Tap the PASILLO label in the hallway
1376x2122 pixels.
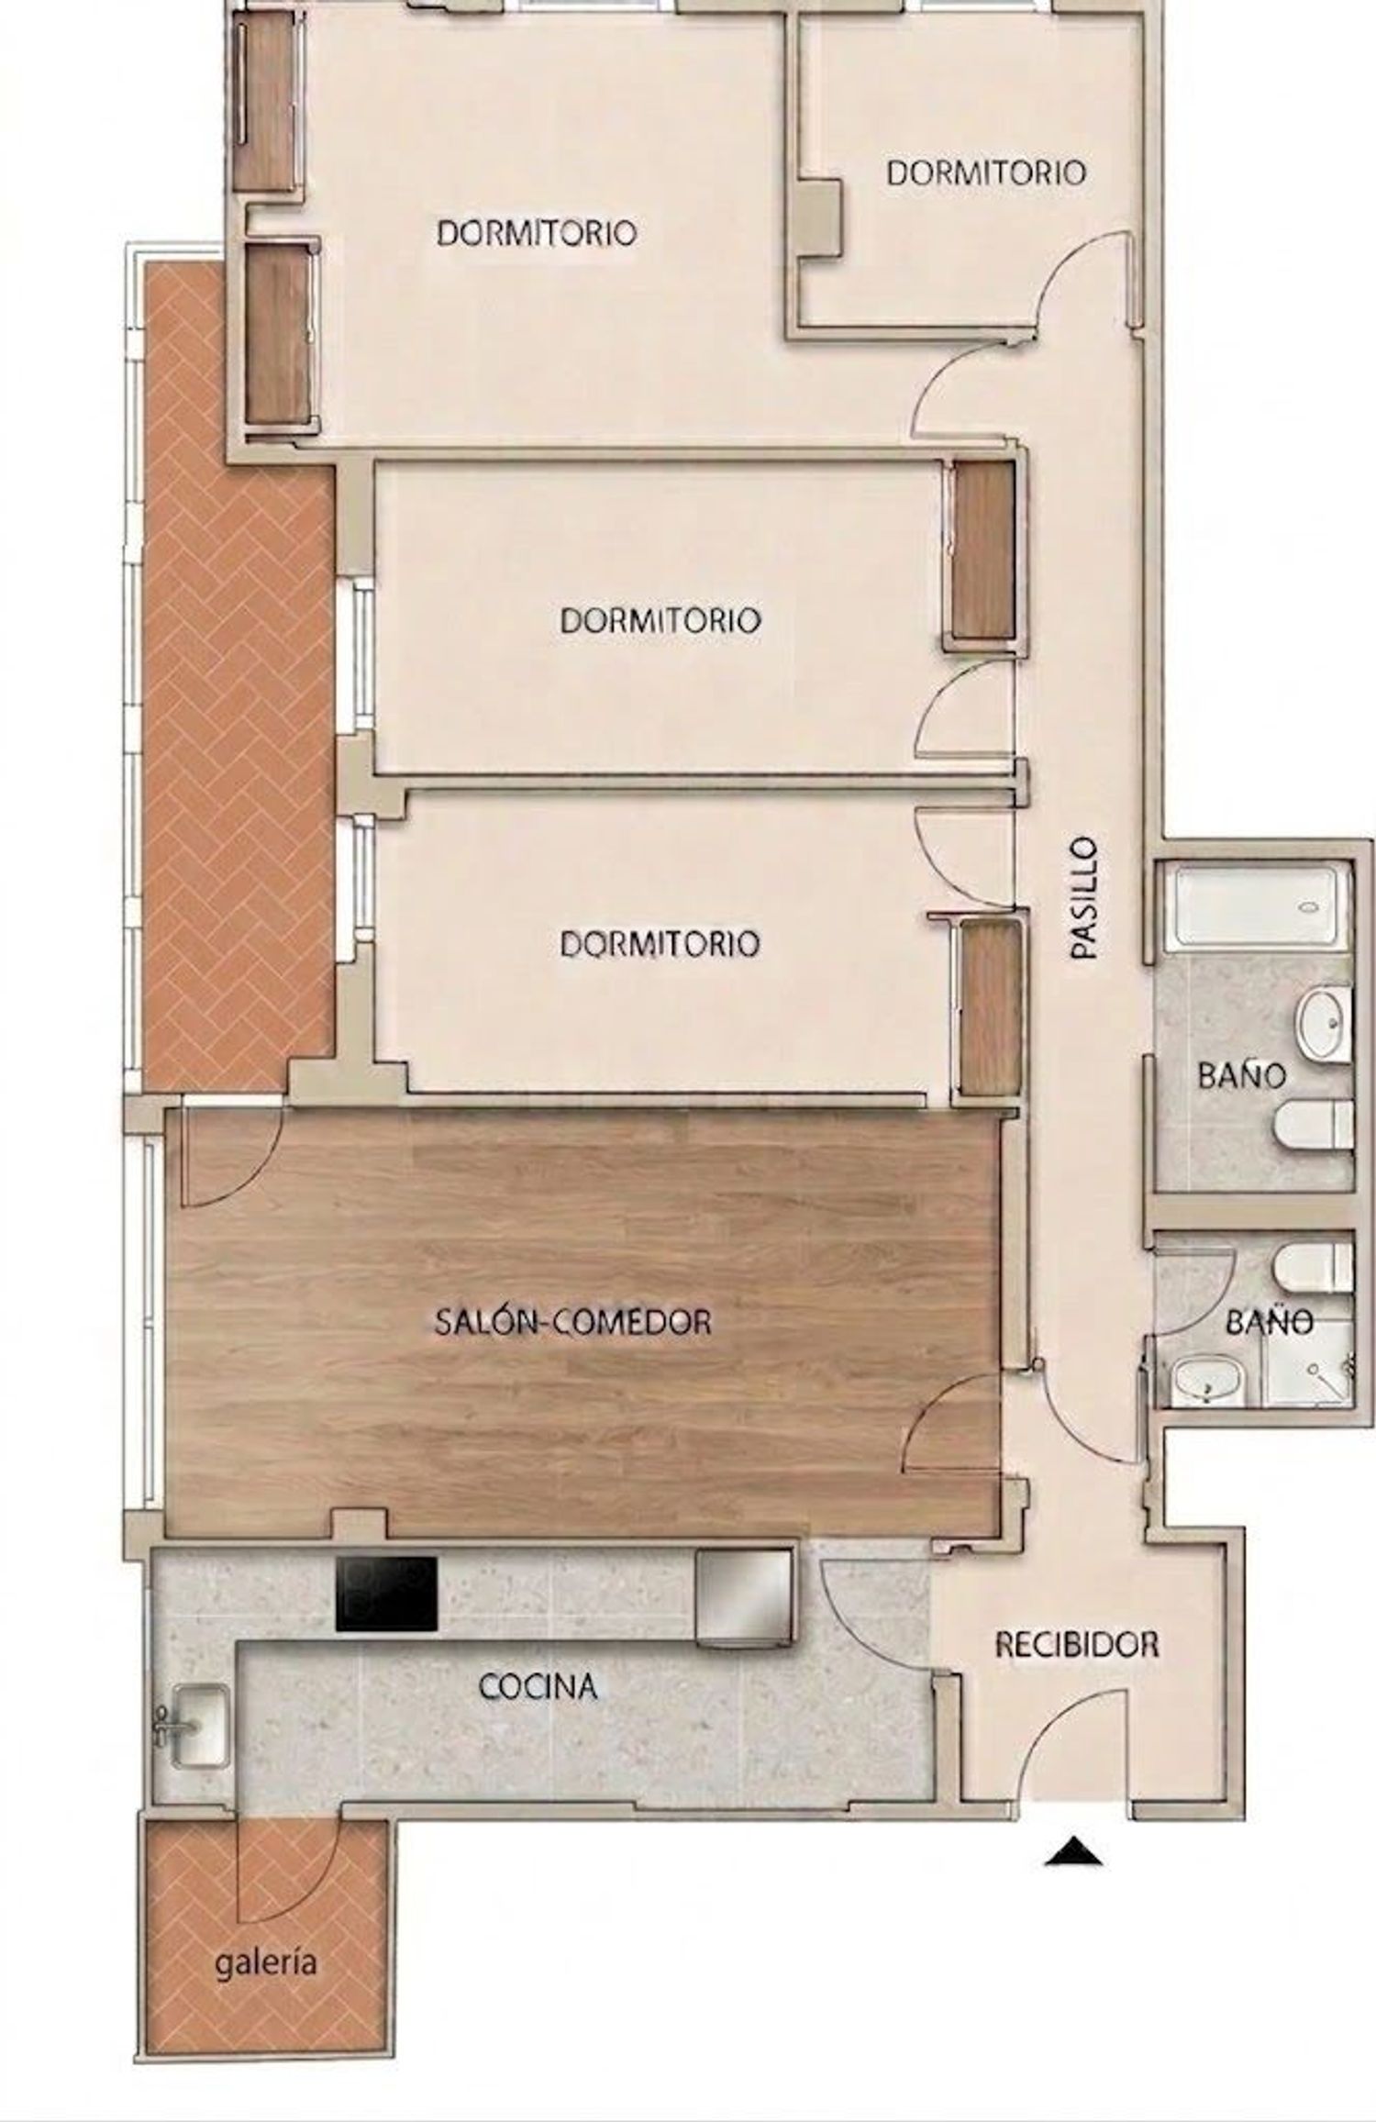(1085, 897)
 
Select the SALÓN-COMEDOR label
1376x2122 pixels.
(573, 1322)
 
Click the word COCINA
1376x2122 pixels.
(538, 1685)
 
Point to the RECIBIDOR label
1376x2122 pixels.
(1077, 1645)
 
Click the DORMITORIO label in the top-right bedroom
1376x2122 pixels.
(986, 172)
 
